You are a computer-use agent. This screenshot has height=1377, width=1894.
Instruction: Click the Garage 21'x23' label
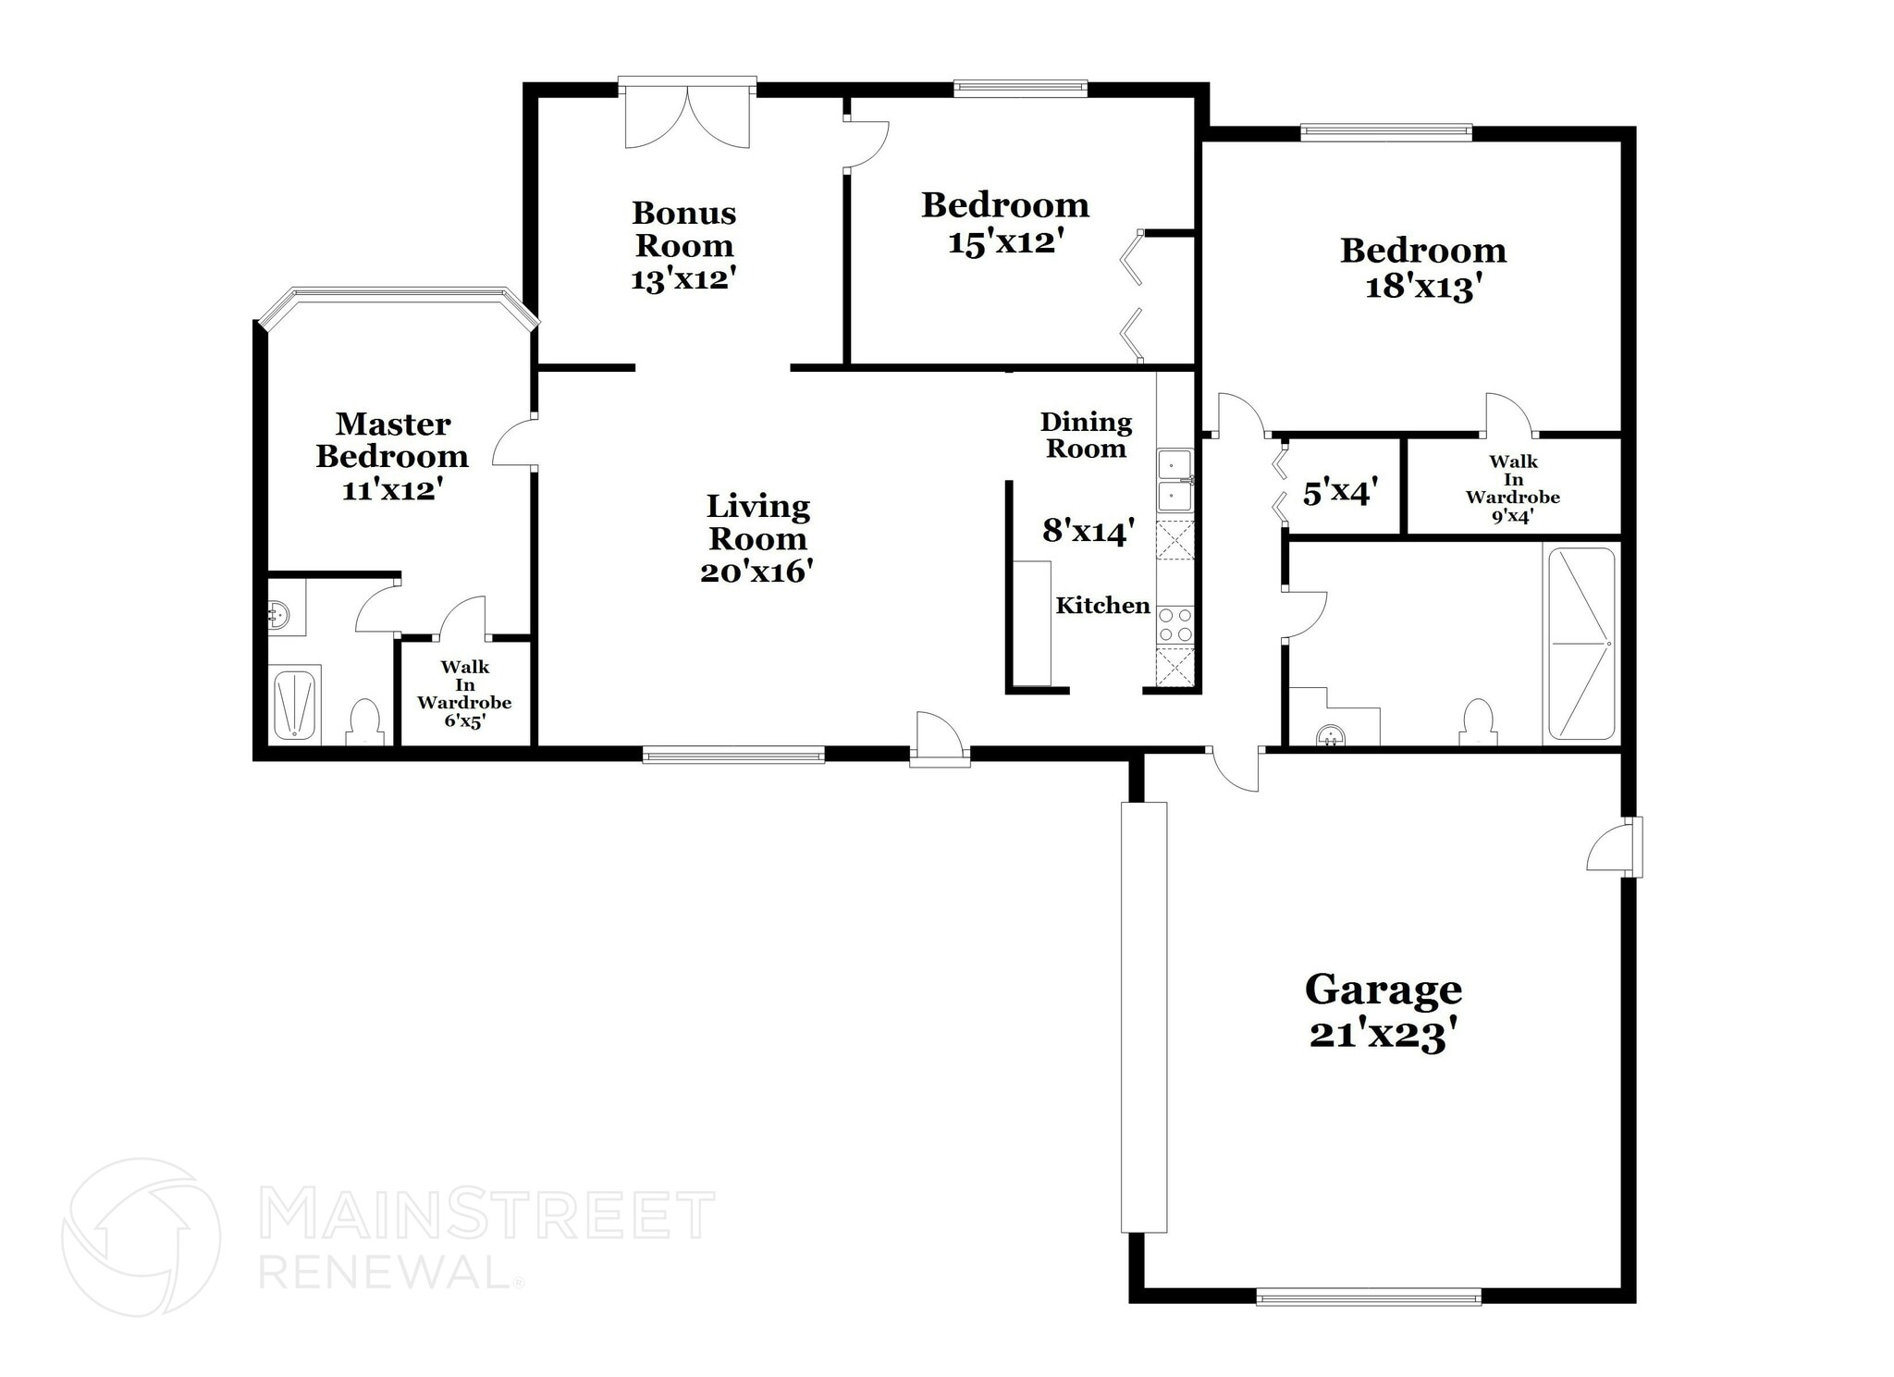[1383, 1013]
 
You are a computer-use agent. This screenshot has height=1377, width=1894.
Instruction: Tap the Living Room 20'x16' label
[756, 538]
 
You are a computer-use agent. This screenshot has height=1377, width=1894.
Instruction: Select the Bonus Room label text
[683, 229]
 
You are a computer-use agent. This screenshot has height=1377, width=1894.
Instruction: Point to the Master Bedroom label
[392, 440]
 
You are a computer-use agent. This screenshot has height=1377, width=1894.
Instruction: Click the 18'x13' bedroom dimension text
[1423, 288]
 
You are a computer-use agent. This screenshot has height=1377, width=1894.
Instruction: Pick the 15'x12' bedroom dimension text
[1005, 243]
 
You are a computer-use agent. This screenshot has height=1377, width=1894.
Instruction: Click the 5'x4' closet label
[1340, 492]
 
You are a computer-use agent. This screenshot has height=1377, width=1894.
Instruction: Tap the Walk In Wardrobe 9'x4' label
[1512, 488]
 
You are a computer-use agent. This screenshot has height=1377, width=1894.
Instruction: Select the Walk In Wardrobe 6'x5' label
[464, 694]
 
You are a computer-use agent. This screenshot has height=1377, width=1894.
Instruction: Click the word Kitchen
[1102, 606]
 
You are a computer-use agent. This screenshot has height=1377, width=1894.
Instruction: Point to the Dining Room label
[1086, 436]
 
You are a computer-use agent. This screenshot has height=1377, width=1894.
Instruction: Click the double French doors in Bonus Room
[687, 117]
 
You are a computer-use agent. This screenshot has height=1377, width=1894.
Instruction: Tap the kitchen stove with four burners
[1175, 624]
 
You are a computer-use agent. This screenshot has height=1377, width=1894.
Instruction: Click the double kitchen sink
[1175, 479]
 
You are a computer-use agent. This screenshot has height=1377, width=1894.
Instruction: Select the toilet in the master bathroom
[365, 722]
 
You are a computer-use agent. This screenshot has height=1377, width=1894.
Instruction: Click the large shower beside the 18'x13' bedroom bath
[1581, 644]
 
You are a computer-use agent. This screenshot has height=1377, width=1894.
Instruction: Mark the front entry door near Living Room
[940, 740]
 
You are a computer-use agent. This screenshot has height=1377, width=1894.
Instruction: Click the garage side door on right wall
[1615, 846]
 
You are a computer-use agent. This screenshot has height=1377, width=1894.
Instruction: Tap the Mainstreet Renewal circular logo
[141, 1236]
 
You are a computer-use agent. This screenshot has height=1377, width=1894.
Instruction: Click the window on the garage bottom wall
[1368, 1297]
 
